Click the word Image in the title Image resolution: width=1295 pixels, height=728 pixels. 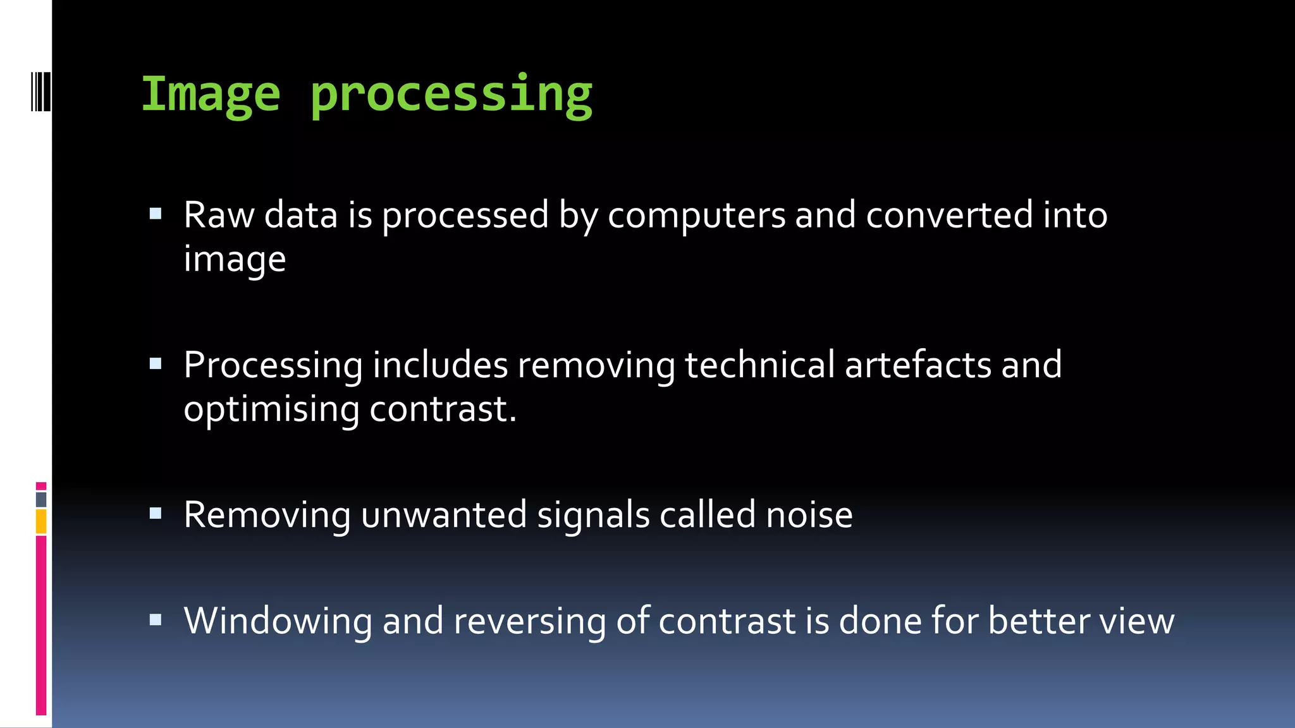tap(210, 95)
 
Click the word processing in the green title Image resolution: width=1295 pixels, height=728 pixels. tap(451, 96)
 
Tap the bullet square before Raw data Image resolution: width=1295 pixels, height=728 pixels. tap(156, 214)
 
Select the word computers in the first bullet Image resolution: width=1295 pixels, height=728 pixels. tap(697, 216)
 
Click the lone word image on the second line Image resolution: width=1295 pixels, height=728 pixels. tap(235, 260)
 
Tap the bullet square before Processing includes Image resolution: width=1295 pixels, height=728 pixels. tap(156, 363)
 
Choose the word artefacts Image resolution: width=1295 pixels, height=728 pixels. tap(918, 365)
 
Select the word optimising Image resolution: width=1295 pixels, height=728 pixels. tap(271, 409)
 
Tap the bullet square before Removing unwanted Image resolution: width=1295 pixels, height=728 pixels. tap(156, 513)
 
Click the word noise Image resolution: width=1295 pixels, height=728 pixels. tap(809, 515)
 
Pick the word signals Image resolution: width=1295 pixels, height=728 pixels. tap(593, 515)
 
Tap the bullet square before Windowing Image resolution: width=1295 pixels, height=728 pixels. tap(156, 619)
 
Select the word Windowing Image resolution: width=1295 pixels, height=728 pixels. tap(278, 622)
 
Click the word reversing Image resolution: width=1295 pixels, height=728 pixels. tap(529, 622)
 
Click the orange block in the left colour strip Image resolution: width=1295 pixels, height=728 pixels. tap(41, 522)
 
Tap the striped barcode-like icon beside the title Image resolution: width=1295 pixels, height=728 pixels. tap(41, 92)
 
